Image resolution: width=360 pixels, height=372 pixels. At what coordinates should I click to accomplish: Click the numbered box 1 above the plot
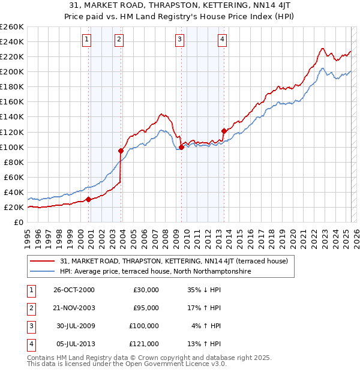coord(88,40)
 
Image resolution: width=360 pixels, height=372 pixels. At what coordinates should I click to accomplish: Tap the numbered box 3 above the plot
coord(180,40)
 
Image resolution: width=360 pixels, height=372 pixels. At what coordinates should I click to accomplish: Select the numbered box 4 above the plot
coord(222,40)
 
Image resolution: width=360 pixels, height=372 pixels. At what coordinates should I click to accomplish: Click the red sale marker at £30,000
coord(88,199)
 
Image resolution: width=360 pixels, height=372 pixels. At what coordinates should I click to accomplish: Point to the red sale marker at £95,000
coord(121,151)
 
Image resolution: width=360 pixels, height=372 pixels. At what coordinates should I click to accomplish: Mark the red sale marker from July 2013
coord(224,131)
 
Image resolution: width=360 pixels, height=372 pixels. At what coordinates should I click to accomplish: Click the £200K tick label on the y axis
coord(11,71)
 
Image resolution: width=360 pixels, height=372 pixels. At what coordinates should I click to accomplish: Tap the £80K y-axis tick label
coord(13,162)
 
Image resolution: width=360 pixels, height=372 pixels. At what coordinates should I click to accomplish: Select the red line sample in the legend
coord(42,261)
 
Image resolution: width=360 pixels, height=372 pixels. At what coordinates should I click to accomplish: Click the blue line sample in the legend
coord(42,271)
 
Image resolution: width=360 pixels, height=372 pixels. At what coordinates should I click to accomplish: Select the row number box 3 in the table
coord(30,326)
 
